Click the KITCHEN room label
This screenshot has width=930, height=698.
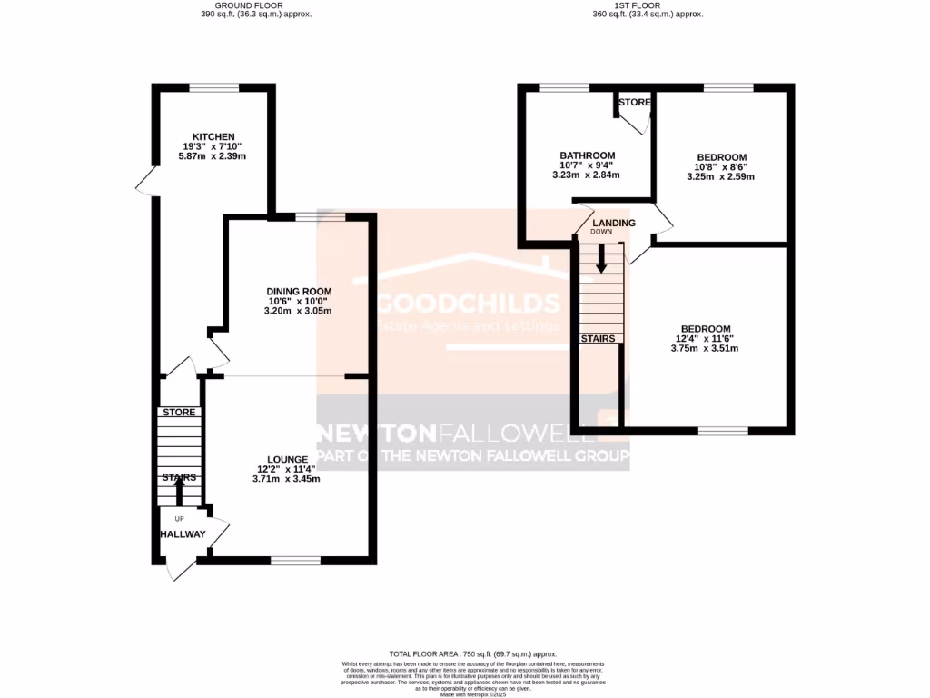213,136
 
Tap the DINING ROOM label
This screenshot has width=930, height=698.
297,290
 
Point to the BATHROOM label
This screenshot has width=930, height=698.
587,155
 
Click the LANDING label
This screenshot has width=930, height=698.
614,223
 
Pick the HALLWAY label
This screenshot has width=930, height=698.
183,534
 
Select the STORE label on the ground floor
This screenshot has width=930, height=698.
179,412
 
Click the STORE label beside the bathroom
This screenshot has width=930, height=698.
635,102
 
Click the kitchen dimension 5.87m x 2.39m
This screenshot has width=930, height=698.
213,156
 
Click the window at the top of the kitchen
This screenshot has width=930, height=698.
214,87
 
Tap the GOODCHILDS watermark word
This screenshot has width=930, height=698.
469,302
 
